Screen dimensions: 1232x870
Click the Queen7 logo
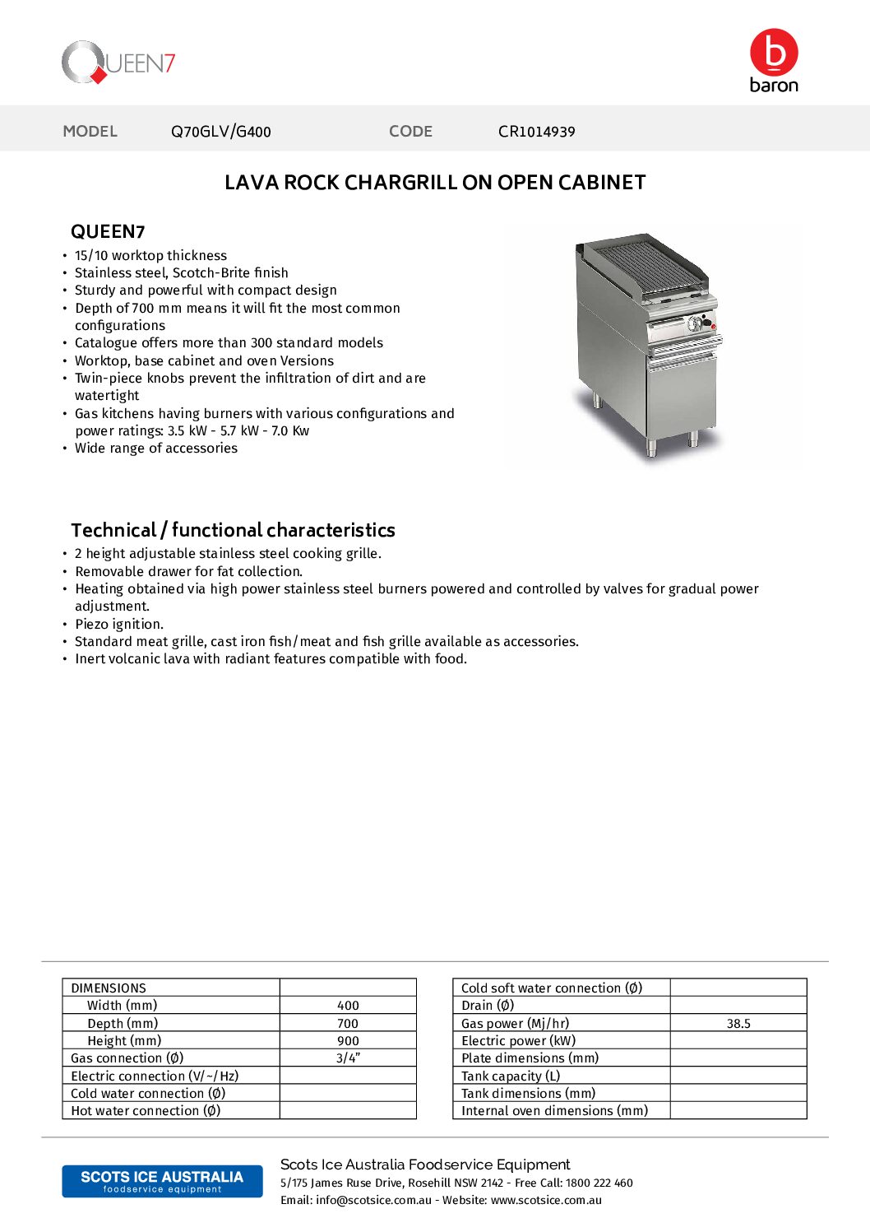(x=118, y=63)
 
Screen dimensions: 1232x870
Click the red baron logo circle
(x=774, y=52)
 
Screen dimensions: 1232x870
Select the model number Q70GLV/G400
(x=220, y=132)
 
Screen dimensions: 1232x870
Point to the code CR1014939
(x=536, y=132)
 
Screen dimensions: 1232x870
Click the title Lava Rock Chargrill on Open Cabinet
(x=435, y=183)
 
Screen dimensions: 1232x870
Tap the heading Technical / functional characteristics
(x=233, y=530)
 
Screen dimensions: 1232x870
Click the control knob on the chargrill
(x=696, y=323)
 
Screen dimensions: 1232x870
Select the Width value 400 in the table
(x=348, y=1006)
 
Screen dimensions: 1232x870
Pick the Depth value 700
(x=348, y=1024)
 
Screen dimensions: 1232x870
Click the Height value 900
(x=348, y=1041)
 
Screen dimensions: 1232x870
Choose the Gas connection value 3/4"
(x=348, y=1058)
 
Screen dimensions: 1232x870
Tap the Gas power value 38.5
(x=738, y=1024)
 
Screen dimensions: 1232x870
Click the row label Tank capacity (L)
(x=511, y=1076)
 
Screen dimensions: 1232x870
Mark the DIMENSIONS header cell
(x=109, y=988)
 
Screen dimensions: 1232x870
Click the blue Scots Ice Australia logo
(x=162, y=1181)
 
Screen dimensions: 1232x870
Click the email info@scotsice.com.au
(x=373, y=1201)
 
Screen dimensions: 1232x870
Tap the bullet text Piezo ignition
(x=119, y=625)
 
